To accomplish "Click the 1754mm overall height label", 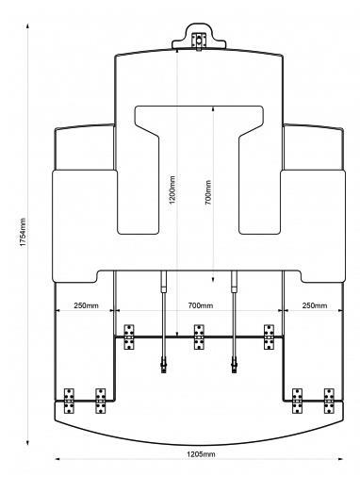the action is point(23,232).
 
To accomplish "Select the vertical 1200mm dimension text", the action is point(172,189).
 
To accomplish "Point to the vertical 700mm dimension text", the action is point(208,192).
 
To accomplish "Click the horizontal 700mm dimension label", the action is point(201,305).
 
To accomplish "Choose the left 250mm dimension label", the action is point(86,305).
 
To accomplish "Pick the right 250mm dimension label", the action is point(315,305).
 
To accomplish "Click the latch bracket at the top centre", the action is point(199,41).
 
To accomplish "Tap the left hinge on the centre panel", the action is point(129,337).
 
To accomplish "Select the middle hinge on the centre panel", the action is point(199,337).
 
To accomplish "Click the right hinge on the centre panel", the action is point(269,337).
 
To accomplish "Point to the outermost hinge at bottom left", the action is point(69,401).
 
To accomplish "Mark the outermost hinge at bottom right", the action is point(329,401).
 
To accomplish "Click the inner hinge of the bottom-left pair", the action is point(101,401).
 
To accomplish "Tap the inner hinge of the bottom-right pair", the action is point(298,401).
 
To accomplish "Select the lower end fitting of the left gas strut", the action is point(163,365).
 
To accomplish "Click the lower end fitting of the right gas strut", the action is point(235,365).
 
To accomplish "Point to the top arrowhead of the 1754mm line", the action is point(28,25).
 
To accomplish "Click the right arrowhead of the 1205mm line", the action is point(341,459).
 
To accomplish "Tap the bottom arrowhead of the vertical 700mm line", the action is point(213,280).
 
